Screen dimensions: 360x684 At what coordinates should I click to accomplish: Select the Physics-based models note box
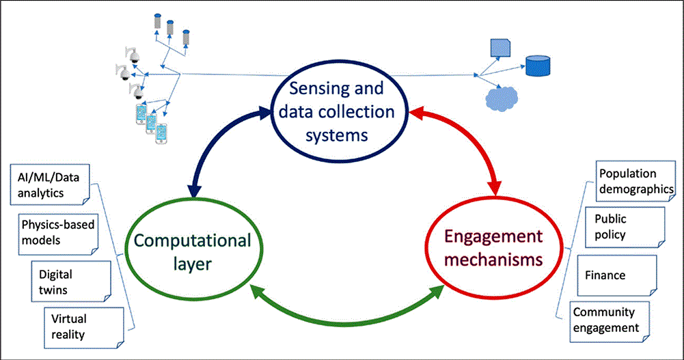[57, 231]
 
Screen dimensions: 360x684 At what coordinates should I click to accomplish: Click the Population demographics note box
[633, 182]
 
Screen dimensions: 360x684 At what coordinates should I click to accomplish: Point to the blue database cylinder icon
[537, 66]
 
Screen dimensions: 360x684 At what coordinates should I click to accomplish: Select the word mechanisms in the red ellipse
[493, 260]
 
